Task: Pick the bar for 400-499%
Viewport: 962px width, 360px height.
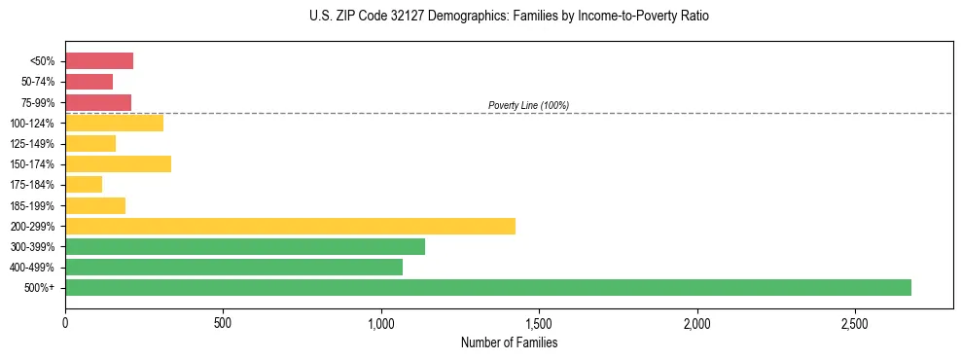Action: point(233,267)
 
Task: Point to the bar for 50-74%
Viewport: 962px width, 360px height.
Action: point(89,81)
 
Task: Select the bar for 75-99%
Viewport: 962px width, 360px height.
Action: point(98,102)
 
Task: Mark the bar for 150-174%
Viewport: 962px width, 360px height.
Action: point(118,163)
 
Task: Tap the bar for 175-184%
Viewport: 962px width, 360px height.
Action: point(84,184)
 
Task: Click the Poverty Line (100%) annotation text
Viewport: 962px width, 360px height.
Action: point(528,105)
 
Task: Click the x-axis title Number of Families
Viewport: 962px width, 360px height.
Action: point(509,342)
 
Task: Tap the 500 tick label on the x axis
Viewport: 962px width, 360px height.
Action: point(223,322)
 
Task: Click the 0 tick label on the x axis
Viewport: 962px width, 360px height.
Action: point(65,322)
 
